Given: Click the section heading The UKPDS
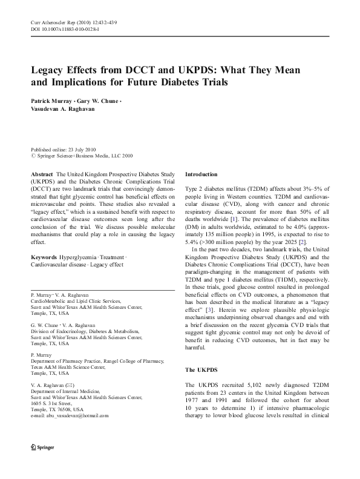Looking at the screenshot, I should (198, 369).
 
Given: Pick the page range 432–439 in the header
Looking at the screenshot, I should (105, 22).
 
